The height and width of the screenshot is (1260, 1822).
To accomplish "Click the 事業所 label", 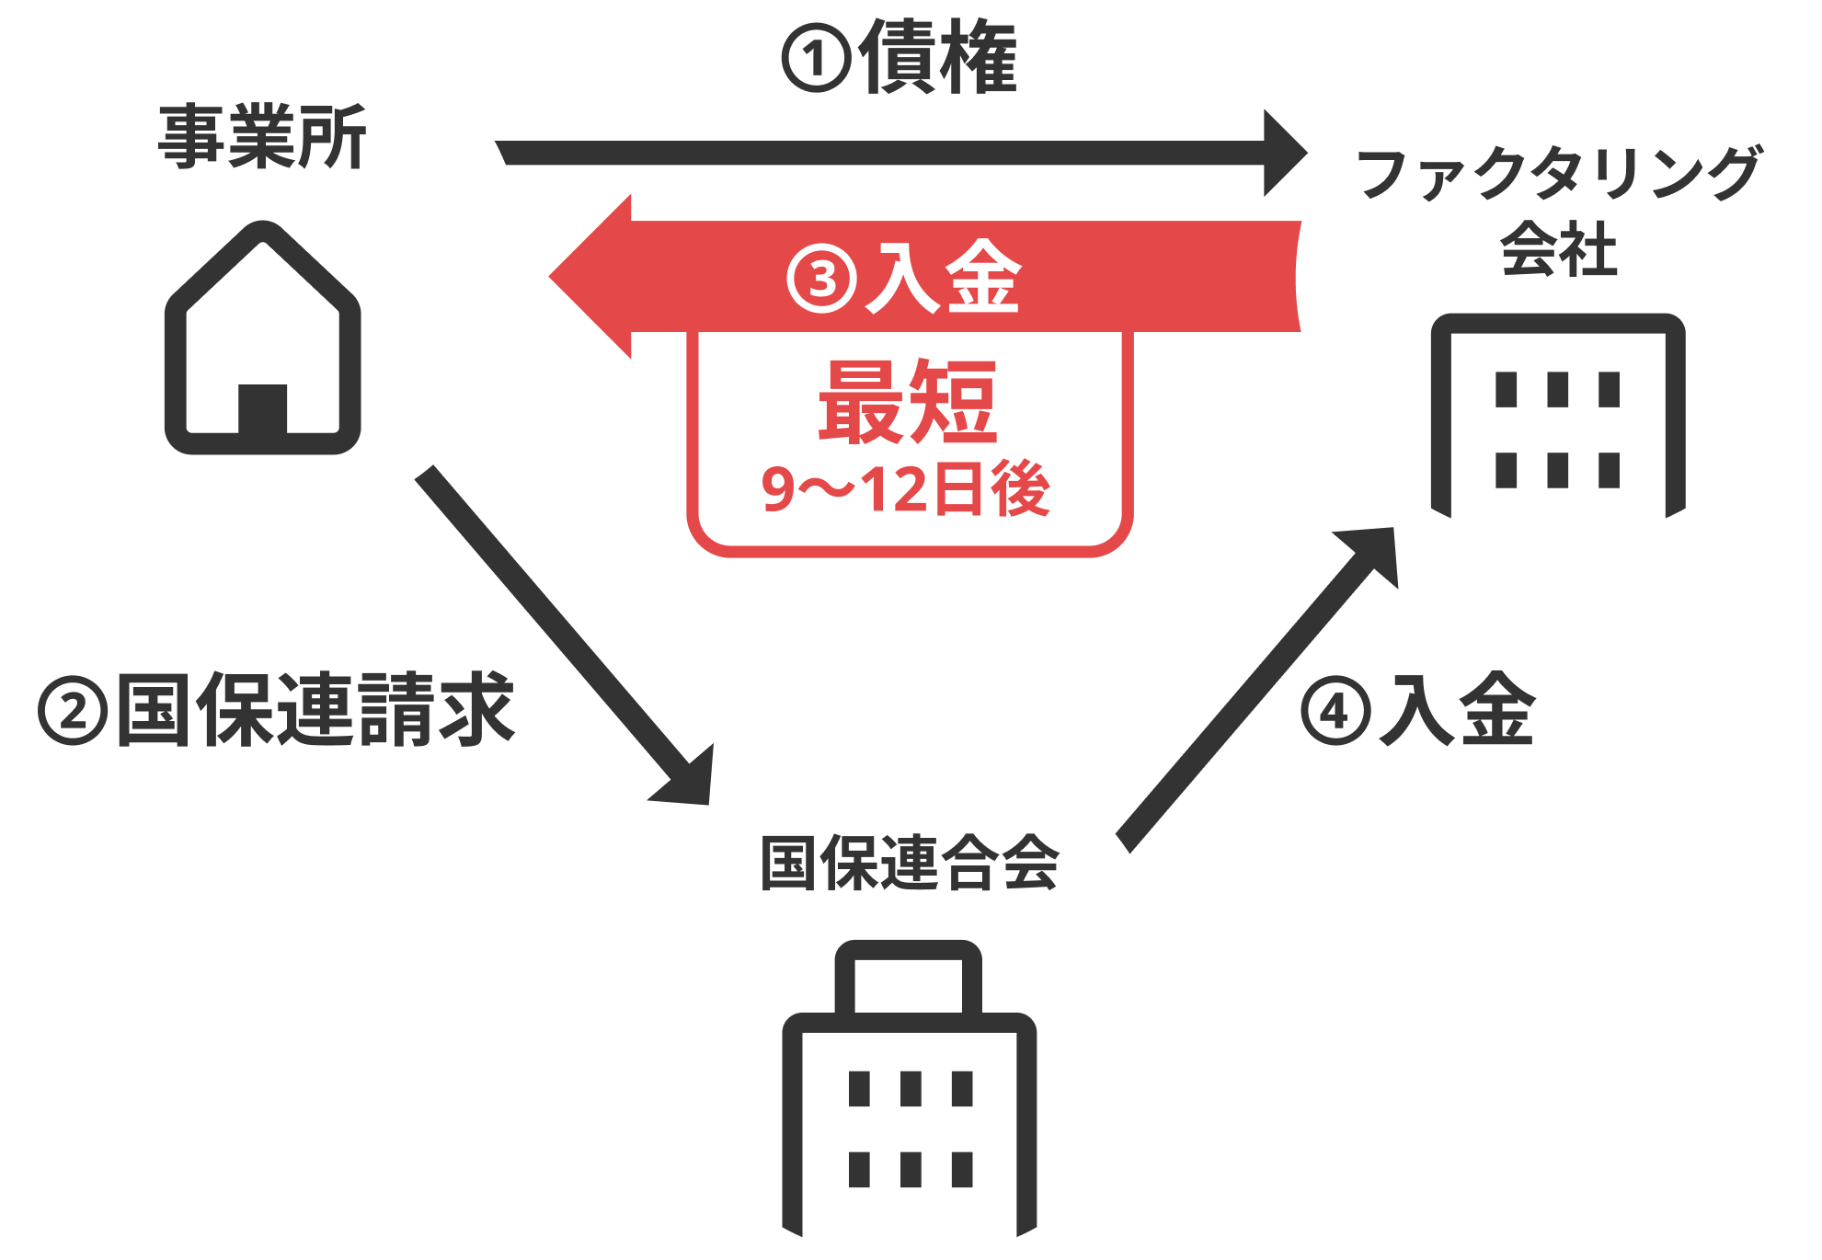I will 262,137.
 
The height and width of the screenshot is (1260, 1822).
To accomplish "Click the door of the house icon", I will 263,408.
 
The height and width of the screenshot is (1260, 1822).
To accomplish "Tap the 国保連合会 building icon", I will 909,1094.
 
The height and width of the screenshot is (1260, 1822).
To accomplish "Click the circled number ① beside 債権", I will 816,59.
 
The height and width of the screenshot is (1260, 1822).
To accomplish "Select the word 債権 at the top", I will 938,57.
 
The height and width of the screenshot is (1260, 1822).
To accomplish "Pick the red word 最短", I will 908,402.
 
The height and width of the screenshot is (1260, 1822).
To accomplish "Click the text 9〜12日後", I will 906,489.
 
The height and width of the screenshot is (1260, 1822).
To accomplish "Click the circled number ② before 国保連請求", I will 73,711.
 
